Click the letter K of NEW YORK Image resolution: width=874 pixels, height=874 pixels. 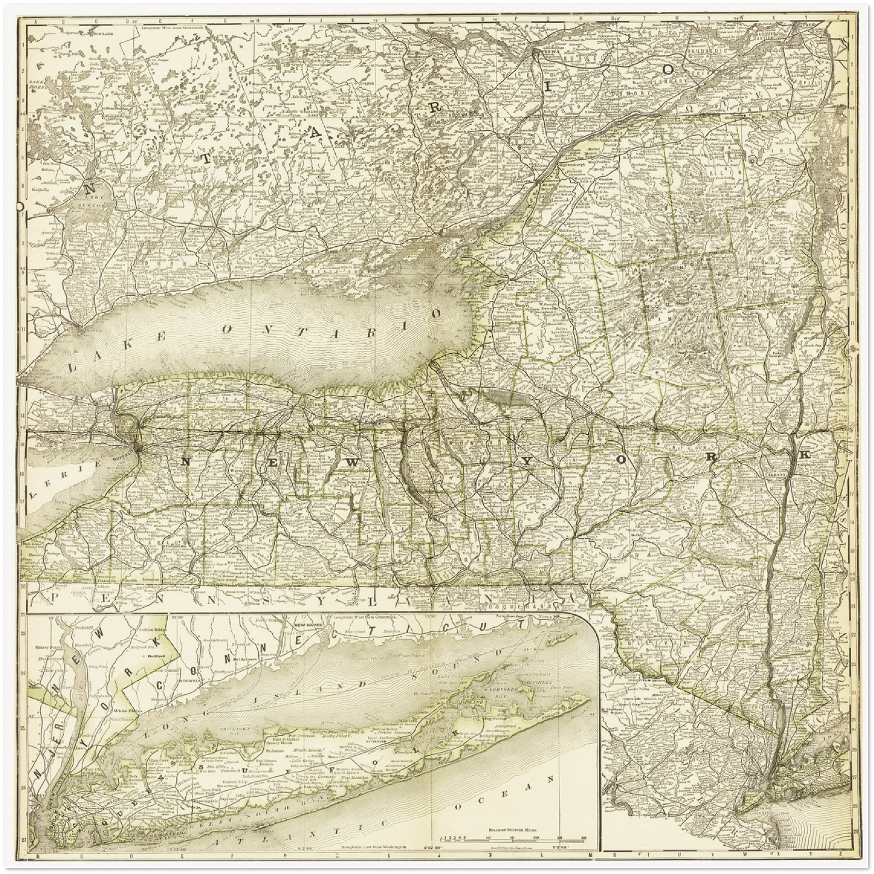804,454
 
